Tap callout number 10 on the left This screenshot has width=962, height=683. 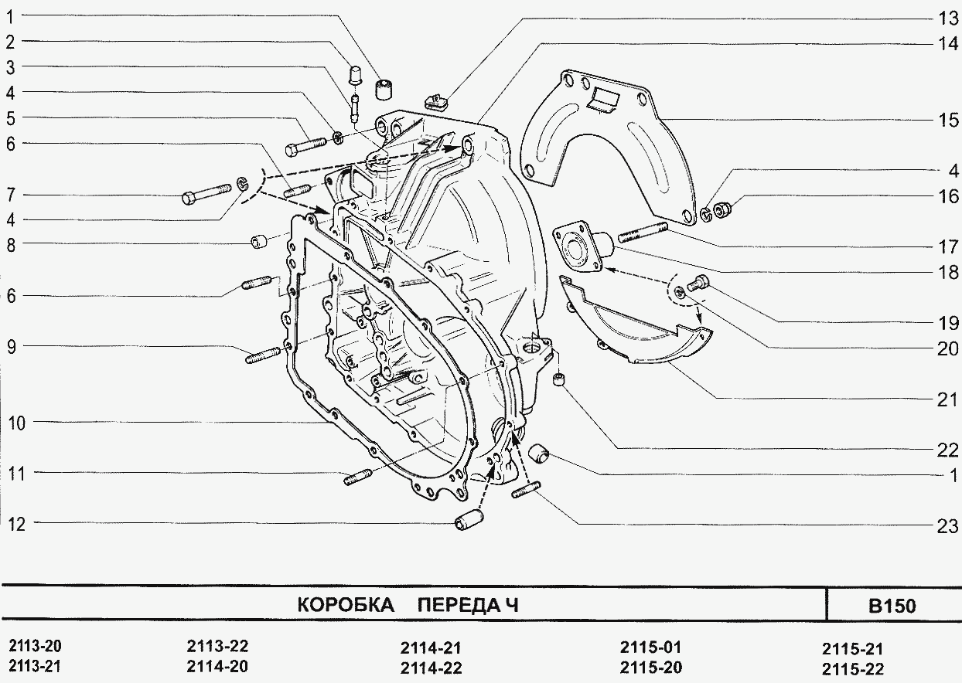point(17,423)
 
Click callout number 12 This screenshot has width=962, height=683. point(17,525)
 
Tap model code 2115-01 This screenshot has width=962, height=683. point(650,647)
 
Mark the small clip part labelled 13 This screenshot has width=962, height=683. point(438,98)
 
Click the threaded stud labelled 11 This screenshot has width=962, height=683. point(357,479)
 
